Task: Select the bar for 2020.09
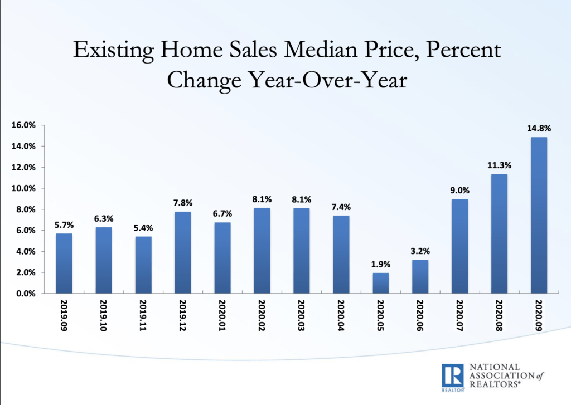(539, 215)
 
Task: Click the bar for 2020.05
(380, 283)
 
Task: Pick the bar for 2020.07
(459, 246)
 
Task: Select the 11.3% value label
(499, 165)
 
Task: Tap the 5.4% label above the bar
(143, 228)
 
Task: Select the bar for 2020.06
(420, 276)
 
